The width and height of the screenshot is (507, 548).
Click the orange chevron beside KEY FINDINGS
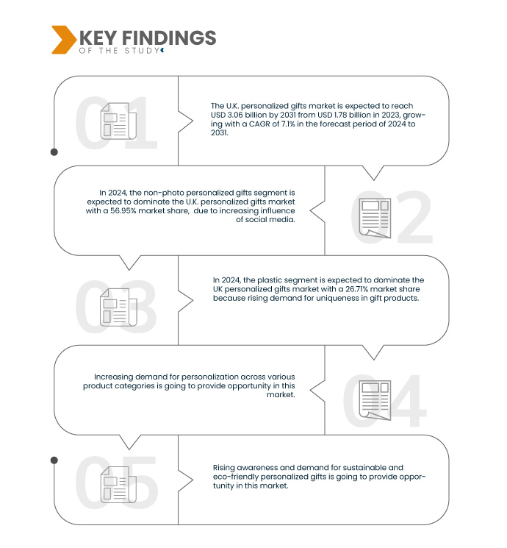[64, 40]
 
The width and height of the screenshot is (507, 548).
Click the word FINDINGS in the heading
[169, 38]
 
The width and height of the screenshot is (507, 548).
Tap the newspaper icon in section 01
[118, 121]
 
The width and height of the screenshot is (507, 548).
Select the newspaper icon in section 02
[375, 218]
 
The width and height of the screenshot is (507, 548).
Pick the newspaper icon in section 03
[118, 307]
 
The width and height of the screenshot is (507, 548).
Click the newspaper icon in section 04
[375, 400]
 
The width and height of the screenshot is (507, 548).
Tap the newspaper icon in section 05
[118, 485]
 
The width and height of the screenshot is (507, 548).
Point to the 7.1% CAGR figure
[288, 124]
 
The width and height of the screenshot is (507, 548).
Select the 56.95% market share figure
[123, 211]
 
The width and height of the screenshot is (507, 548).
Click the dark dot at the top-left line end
[54, 152]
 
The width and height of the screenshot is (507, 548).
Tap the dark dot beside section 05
[54, 460]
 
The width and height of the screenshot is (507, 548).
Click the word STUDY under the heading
[142, 51]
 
